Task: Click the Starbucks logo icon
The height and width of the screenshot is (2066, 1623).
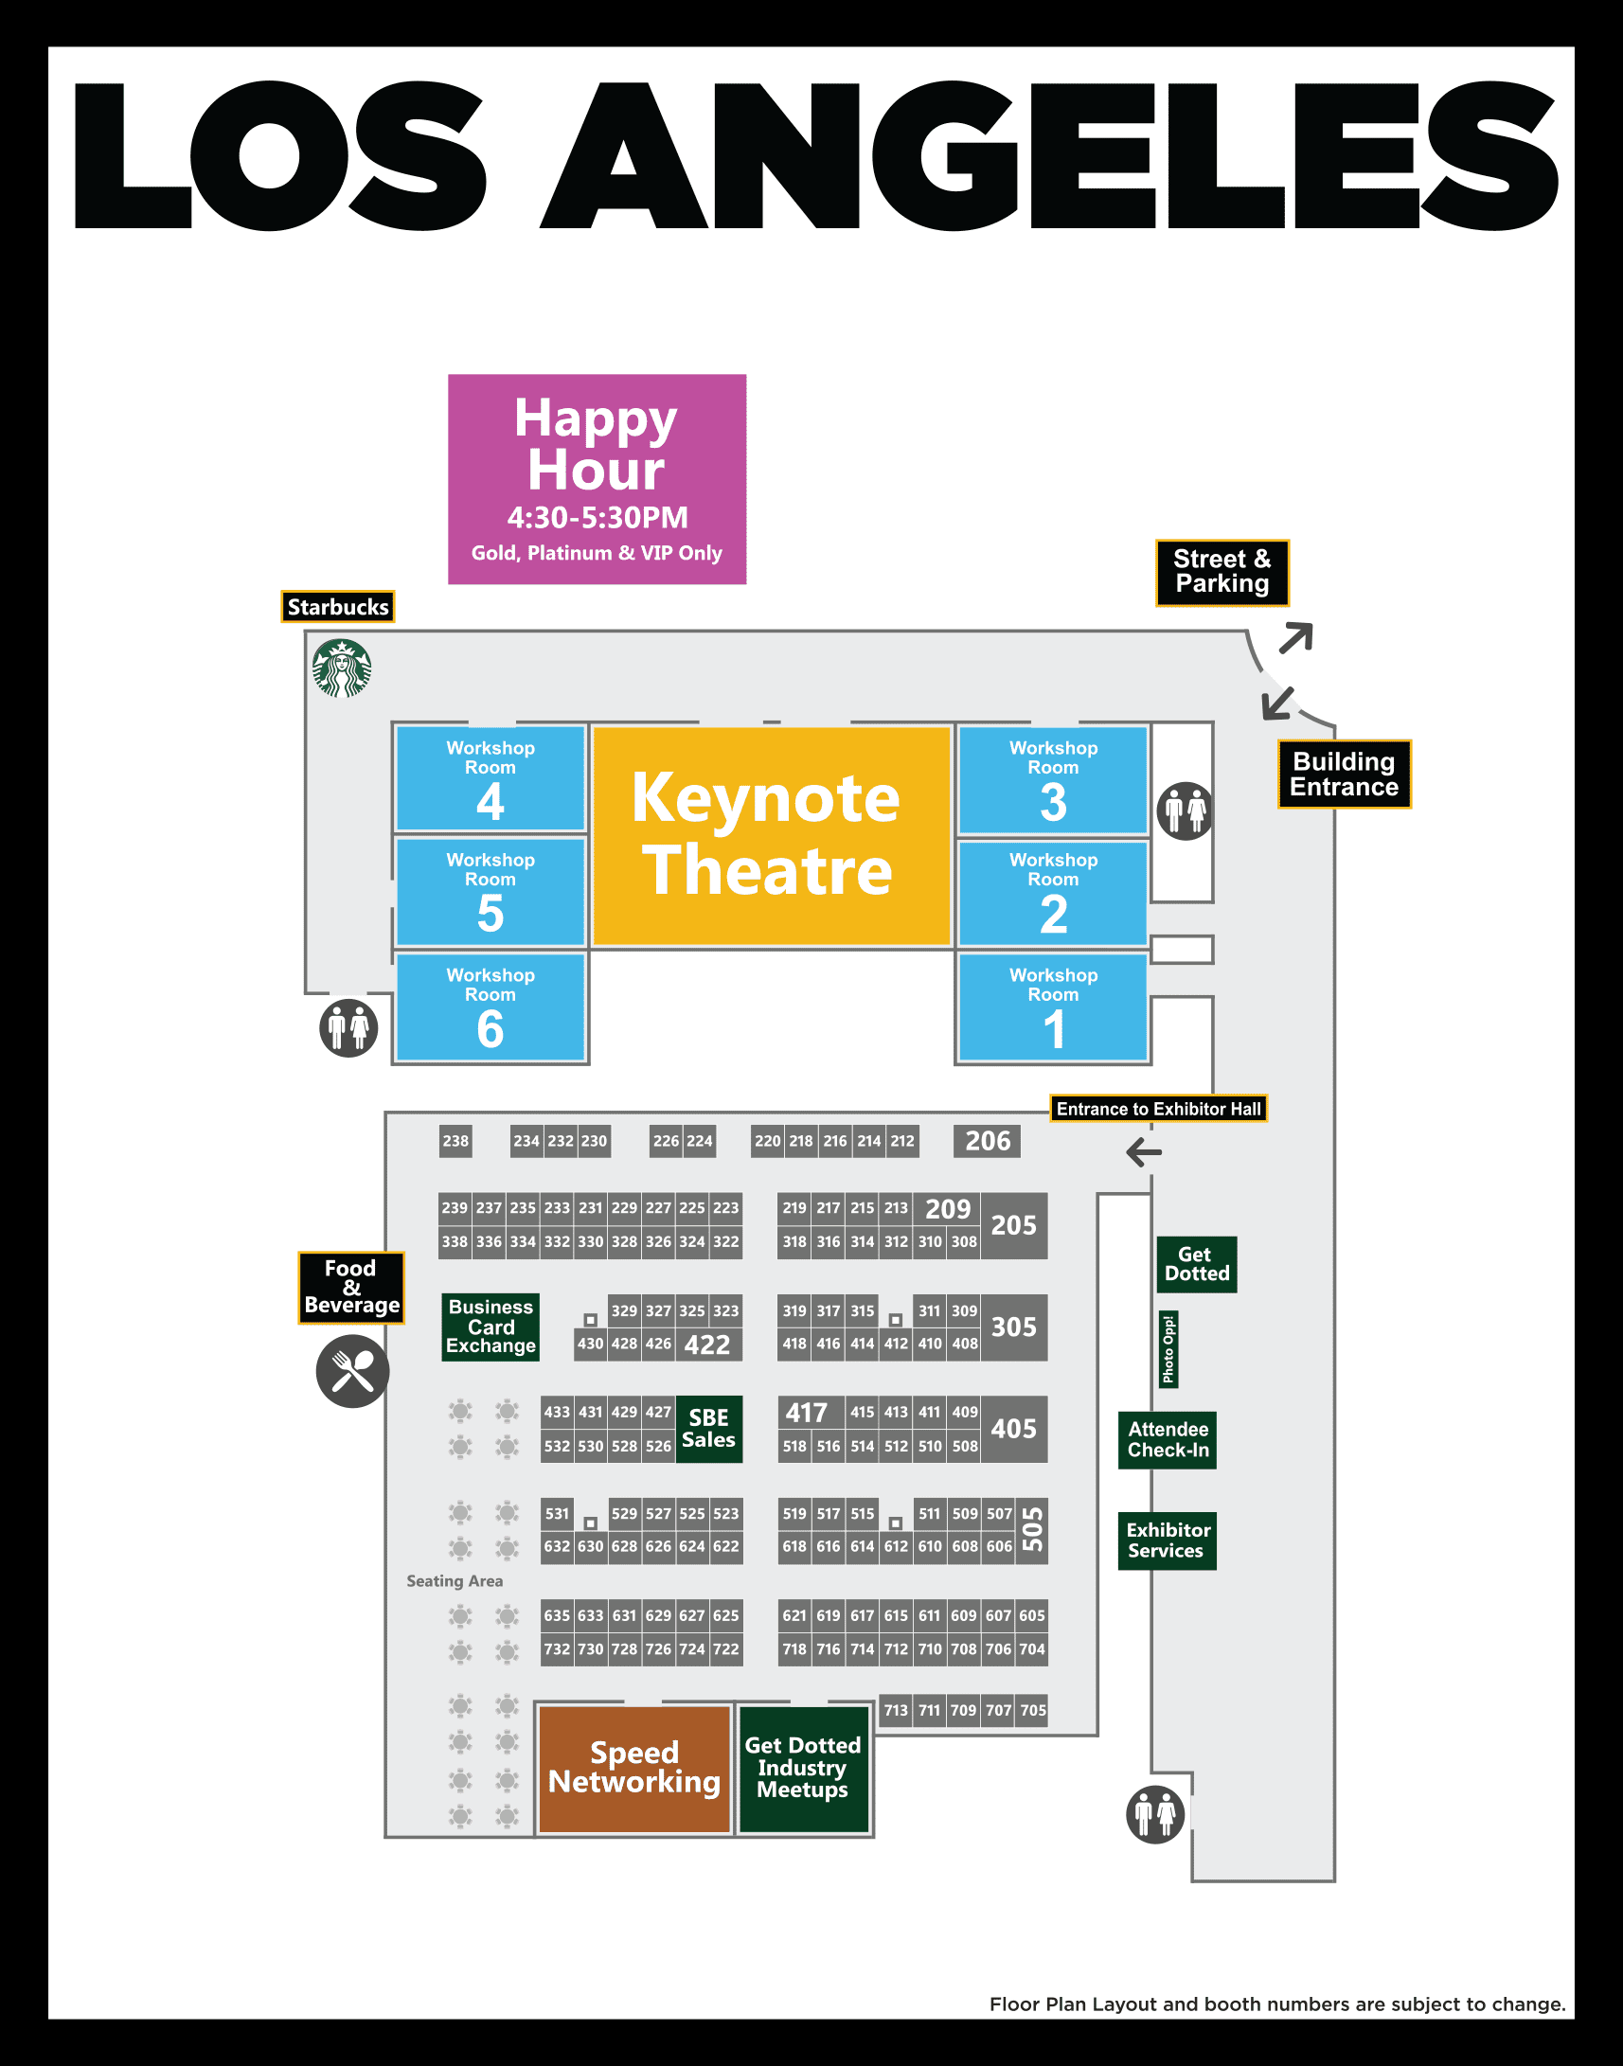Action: [341, 668]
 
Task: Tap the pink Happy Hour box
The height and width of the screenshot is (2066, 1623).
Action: [597, 479]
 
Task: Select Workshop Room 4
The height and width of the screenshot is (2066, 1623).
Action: [490, 778]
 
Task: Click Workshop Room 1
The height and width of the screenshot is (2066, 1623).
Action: [1052, 1007]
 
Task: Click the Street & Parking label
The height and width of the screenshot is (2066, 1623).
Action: [1222, 572]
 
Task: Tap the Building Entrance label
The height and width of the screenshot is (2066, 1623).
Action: [1343, 774]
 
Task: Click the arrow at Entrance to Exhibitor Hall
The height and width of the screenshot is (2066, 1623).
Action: [1143, 1152]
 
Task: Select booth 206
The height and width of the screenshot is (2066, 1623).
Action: [987, 1140]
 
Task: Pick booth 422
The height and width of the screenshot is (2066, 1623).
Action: [707, 1345]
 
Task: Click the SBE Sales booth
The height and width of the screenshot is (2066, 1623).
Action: [708, 1429]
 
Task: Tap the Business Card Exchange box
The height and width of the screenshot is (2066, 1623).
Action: [490, 1327]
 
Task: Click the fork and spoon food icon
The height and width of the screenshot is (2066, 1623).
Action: [352, 1371]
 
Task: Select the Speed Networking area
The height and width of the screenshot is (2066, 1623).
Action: [633, 1768]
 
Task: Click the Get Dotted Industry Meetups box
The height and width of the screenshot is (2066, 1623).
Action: [803, 1768]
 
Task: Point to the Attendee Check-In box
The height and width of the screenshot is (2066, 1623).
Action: [1167, 1440]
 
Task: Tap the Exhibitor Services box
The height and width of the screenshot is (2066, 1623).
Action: [1167, 1541]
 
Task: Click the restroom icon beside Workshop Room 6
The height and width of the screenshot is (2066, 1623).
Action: [348, 1027]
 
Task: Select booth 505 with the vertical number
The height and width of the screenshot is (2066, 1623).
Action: [1032, 1529]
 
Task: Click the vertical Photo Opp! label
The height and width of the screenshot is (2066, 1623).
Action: [1168, 1349]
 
